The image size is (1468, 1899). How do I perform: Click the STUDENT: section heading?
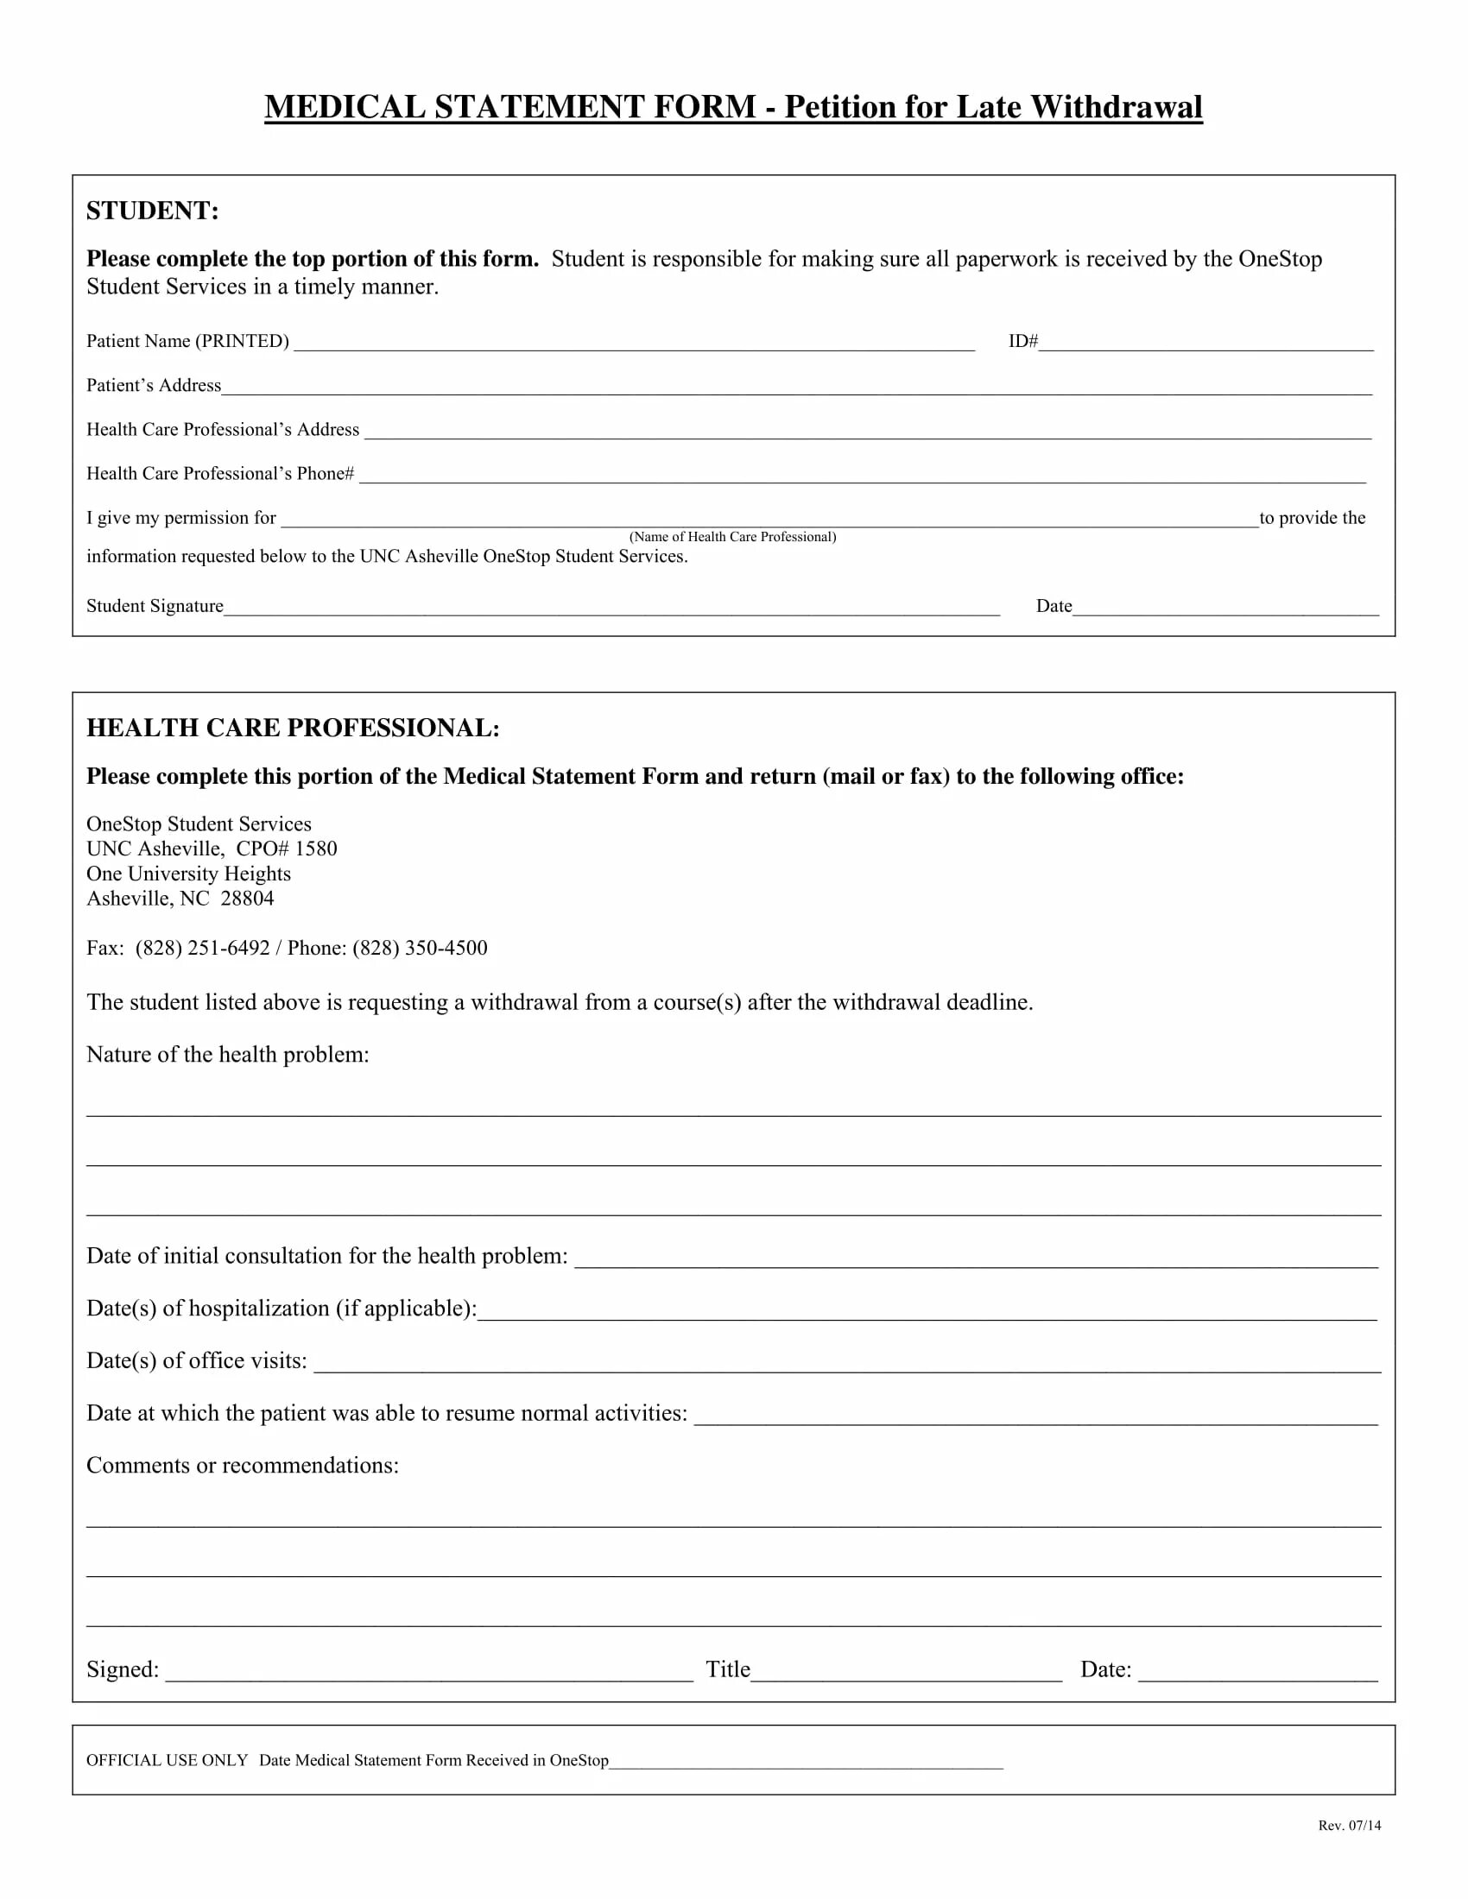(x=152, y=211)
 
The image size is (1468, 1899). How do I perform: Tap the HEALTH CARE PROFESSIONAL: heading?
(x=293, y=729)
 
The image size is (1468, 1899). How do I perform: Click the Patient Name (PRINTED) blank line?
(x=634, y=343)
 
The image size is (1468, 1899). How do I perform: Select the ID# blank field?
(x=1205, y=343)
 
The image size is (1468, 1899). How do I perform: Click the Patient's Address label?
(x=154, y=386)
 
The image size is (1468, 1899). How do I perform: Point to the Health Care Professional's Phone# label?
(x=220, y=474)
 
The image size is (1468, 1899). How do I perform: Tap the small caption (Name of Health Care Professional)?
(x=732, y=538)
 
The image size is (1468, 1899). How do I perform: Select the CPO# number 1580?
(x=316, y=849)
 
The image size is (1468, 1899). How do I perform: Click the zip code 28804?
(x=247, y=899)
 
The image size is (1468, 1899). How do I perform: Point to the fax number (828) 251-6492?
(x=203, y=949)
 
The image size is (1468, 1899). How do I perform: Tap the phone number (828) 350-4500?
(x=420, y=949)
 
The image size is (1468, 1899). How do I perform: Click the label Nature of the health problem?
(x=228, y=1056)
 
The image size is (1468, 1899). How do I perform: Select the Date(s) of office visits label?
(x=197, y=1361)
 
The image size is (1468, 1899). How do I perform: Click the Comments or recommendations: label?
(x=243, y=1466)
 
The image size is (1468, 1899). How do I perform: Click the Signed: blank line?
(x=429, y=1672)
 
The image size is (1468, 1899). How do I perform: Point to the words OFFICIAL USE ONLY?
(x=167, y=1761)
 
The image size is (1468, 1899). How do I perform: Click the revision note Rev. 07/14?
(x=1349, y=1826)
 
